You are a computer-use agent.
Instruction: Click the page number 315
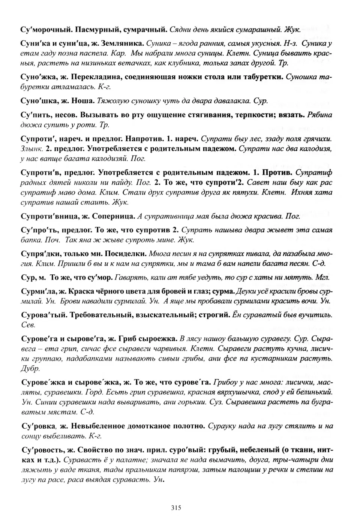coord(176,508)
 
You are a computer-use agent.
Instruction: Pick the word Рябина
coord(319,115)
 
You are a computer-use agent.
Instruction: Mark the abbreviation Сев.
coord(28,325)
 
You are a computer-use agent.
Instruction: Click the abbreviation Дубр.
coord(30,369)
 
